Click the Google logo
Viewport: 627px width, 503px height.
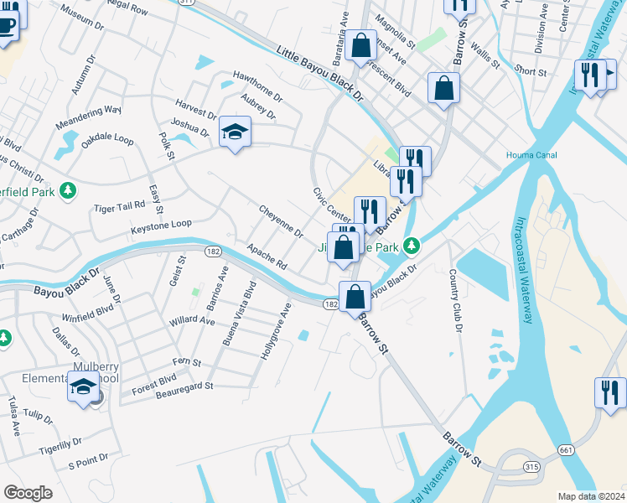(x=28, y=493)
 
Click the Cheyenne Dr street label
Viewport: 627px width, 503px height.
(x=281, y=221)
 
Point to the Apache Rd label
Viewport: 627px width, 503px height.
(x=268, y=257)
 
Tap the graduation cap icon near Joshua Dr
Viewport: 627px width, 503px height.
(x=236, y=132)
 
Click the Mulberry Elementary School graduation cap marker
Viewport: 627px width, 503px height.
(x=83, y=387)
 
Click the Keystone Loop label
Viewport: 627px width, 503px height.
(x=162, y=225)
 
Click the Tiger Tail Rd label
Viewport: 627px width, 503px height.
(x=119, y=206)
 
